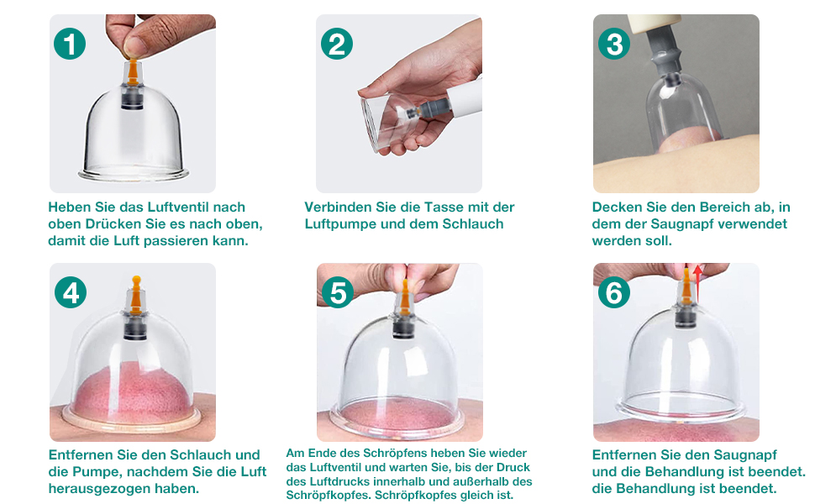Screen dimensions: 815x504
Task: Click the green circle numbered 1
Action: (70, 44)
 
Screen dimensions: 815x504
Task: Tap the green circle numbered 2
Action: (337, 44)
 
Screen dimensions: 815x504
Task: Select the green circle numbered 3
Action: (614, 44)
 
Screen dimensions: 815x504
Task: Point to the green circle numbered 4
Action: (71, 292)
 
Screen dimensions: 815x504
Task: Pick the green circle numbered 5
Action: (338, 292)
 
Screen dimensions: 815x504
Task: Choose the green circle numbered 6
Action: (614, 292)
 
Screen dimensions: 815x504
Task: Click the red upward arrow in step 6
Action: (697, 284)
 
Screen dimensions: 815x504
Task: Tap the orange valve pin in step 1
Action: (133, 71)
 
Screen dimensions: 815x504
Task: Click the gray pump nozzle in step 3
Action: (664, 51)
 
